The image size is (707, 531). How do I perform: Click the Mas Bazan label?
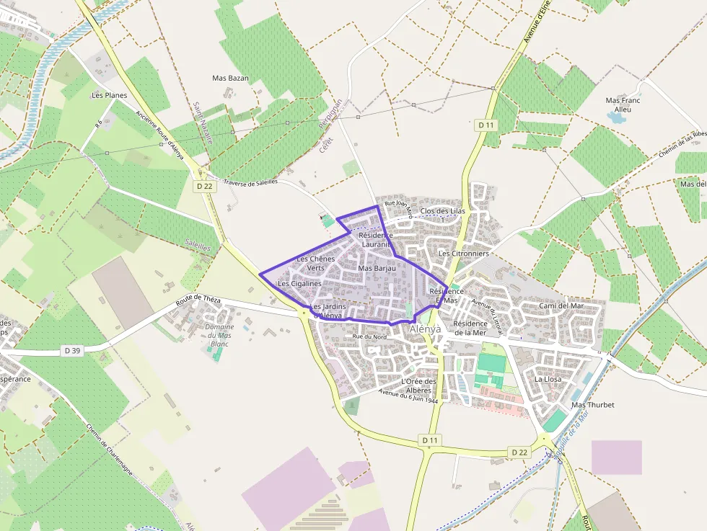click(x=230, y=78)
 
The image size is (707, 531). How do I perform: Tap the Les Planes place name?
click(x=109, y=95)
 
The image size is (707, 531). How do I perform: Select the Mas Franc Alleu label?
click(x=622, y=105)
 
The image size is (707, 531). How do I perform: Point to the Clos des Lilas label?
click(x=442, y=211)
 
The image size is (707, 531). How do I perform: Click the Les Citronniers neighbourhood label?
click(x=463, y=254)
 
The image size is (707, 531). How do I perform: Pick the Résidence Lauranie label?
click(x=375, y=240)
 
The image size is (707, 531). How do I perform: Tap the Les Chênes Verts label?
click(x=315, y=263)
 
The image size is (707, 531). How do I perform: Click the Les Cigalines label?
click(x=299, y=284)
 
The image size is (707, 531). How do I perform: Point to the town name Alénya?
click(x=425, y=329)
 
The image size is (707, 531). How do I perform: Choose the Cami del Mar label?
click(x=561, y=306)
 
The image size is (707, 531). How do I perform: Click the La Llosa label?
click(x=548, y=379)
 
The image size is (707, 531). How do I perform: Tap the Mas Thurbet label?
click(x=592, y=405)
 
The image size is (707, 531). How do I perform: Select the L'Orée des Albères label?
click(x=418, y=385)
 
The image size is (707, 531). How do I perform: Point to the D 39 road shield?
click(x=72, y=351)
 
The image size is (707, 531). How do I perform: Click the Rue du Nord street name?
click(x=369, y=337)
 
